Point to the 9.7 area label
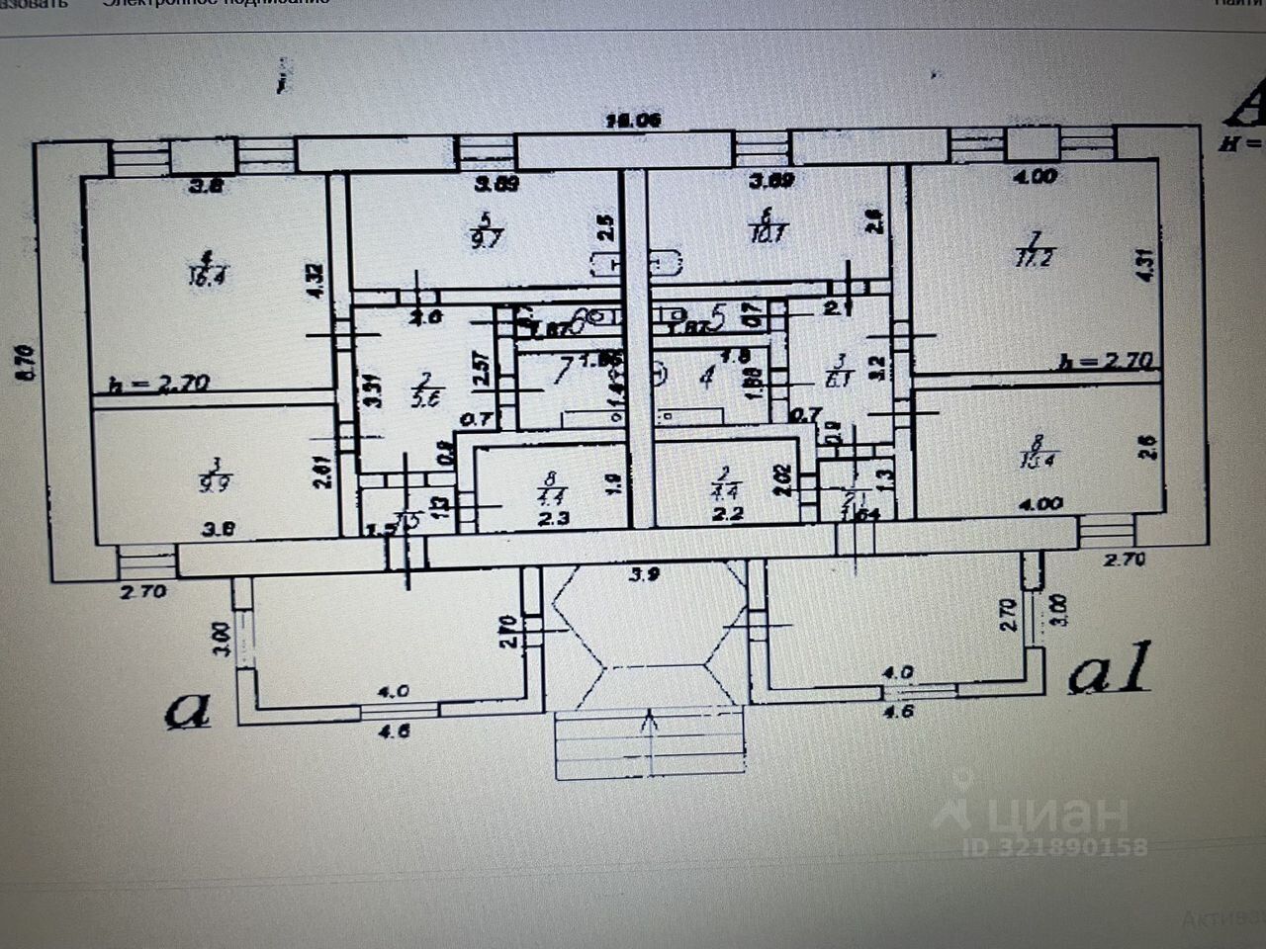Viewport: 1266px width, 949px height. (489, 237)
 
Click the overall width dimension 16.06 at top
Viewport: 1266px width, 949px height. (633, 121)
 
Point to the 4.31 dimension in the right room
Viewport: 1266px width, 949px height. (1146, 264)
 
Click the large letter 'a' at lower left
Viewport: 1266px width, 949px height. (188, 710)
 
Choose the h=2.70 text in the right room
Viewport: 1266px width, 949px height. (1105, 361)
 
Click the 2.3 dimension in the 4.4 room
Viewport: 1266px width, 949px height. (554, 517)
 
